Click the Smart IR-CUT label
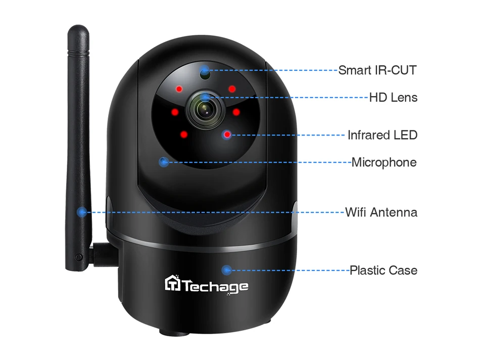tap(377, 70)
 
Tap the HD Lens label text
tap(393, 97)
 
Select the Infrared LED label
tap(382, 135)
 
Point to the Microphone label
tap(384, 162)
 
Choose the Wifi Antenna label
tap(381, 212)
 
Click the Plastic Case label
tap(383, 270)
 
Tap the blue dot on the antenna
tap(81, 212)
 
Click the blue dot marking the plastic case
tap(227, 270)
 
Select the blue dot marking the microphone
tap(163, 162)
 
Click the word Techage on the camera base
tap(215, 287)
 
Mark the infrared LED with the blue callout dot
tap(227, 134)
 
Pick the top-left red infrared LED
tap(179, 90)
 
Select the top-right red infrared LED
tap(232, 89)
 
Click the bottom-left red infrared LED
tap(183, 134)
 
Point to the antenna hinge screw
tap(78, 257)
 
